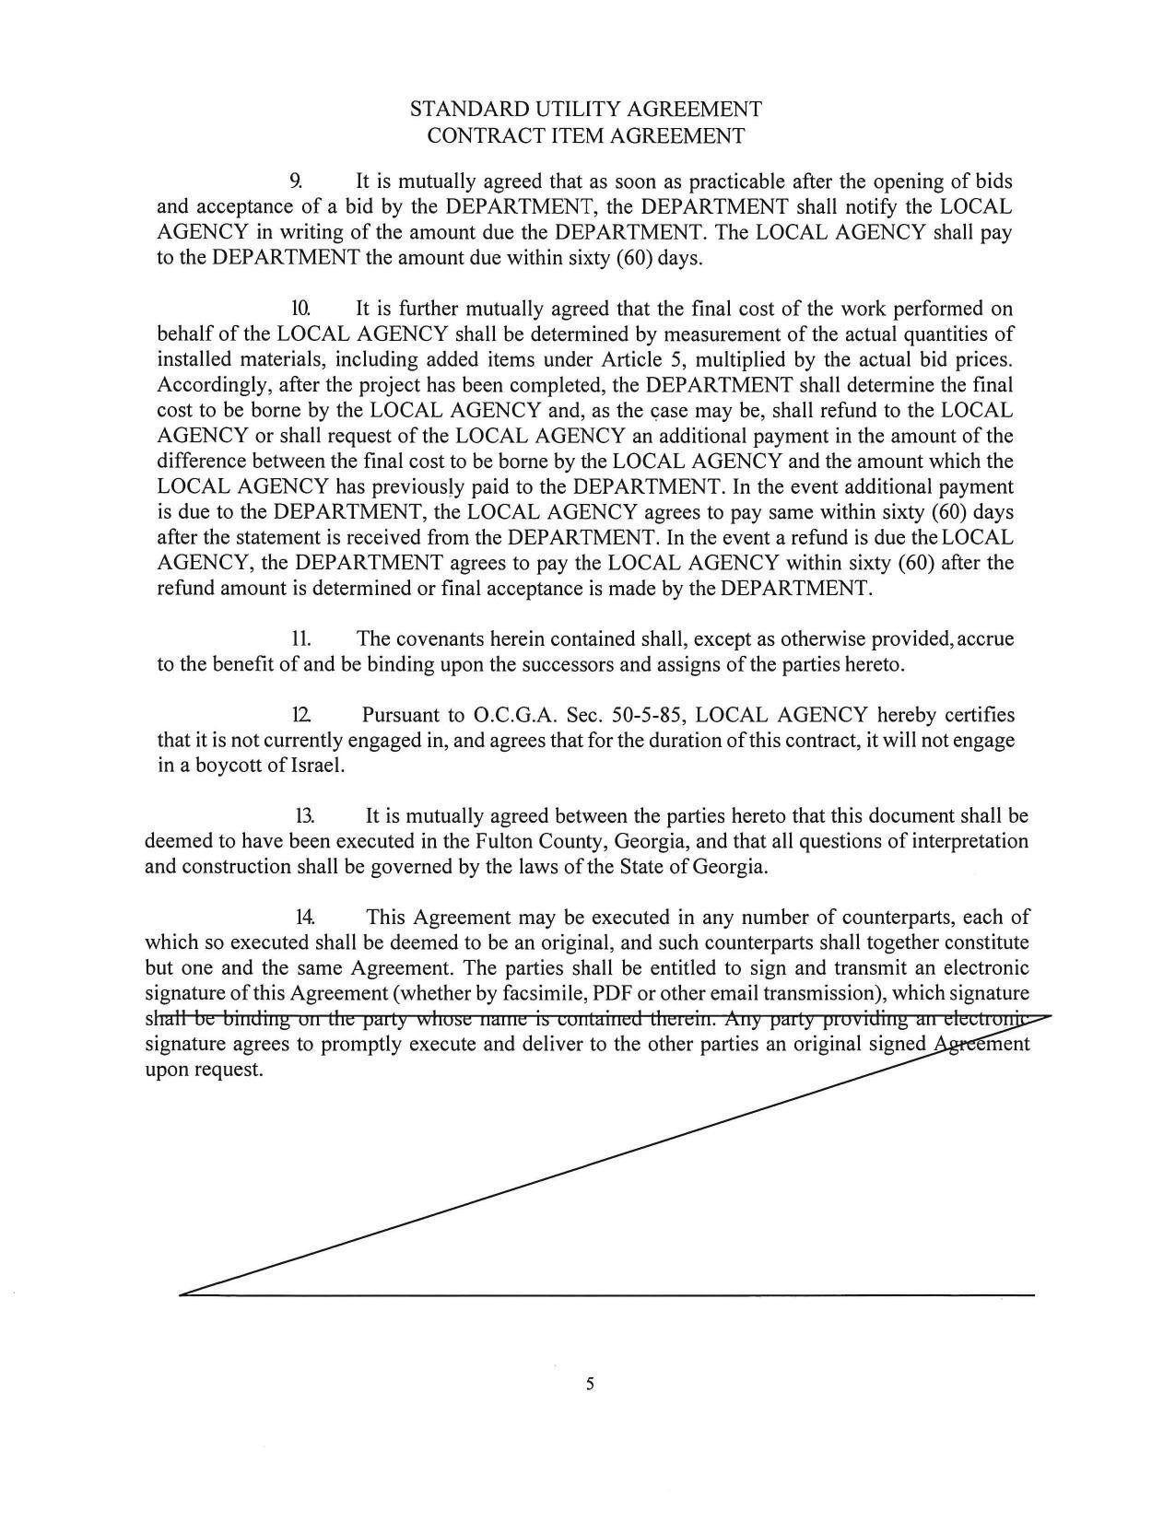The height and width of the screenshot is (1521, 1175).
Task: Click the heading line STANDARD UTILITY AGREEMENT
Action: click(x=585, y=110)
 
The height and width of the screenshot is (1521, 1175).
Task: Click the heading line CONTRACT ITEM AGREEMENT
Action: click(x=585, y=136)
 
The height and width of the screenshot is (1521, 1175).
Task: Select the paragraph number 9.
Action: click(x=296, y=181)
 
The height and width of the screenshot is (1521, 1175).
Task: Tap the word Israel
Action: click(x=317, y=766)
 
